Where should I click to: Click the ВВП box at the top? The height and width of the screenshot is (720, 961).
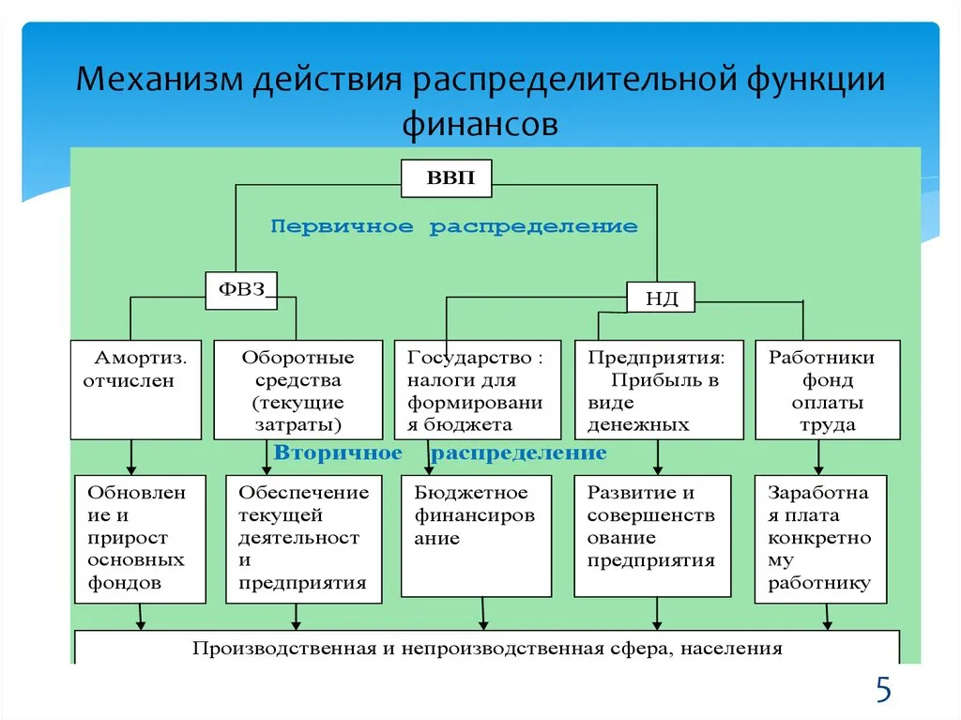(x=446, y=178)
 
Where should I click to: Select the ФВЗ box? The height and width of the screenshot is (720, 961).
(x=242, y=289)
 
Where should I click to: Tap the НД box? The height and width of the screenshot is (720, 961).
(x=660, y=299)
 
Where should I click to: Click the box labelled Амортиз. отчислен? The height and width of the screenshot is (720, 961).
(x=135, y=390)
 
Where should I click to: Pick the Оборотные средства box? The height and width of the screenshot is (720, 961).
(x=297, y=390)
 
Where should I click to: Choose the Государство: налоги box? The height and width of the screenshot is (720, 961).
(x=476, y=390)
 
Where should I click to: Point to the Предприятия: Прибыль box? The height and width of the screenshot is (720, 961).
(x=658, y=390)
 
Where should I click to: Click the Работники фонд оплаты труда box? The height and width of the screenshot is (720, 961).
(x=827, y=390)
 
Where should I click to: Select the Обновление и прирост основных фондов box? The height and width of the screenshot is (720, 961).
(x=139, y=538)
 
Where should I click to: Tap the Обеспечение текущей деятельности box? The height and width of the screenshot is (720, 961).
(x=304, y=538)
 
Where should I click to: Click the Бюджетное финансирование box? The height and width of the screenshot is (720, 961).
(x=476, y=536)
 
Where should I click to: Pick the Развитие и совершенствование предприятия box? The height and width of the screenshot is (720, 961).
(x=652, y=536)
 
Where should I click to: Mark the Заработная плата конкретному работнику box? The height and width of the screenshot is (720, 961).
(x=819, y=538)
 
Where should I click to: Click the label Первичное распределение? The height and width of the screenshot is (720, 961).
(x=454, y=226)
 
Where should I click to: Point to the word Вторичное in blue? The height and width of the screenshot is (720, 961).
(x=338, y=453)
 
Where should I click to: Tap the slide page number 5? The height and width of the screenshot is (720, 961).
(x=883, y=690)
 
